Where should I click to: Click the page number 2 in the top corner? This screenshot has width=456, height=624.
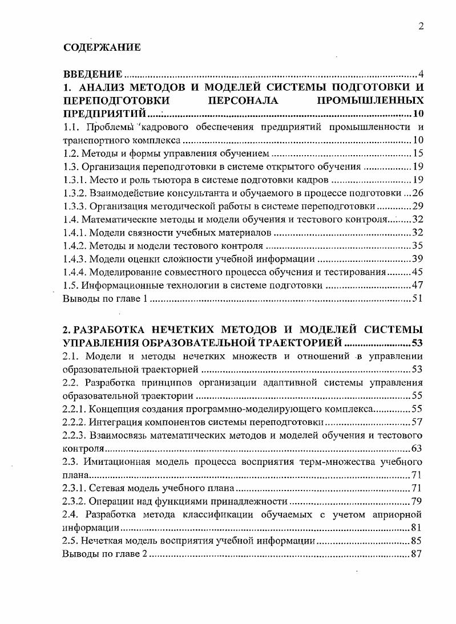420,26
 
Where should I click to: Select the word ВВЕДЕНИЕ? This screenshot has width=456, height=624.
93,74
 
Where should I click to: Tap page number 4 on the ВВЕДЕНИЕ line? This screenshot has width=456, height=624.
420,74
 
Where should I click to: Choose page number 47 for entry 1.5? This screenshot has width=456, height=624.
416,285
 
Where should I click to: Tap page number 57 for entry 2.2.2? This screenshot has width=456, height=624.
416,422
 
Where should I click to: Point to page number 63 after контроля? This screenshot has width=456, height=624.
416,448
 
